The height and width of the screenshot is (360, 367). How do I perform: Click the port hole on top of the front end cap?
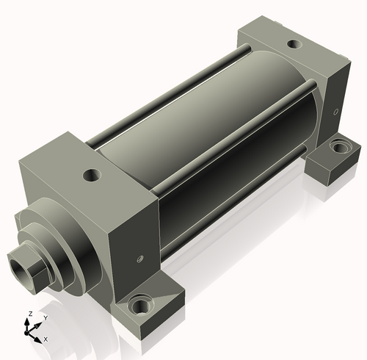click(92, 175)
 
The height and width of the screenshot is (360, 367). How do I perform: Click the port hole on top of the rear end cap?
click(294, 44)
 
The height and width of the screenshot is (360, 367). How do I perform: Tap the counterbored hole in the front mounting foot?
click(139, 305)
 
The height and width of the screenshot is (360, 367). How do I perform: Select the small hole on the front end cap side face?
click(140, 259)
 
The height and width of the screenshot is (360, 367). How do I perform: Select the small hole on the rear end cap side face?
click(336, 112)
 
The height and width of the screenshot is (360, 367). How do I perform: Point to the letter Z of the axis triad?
click(31, 314)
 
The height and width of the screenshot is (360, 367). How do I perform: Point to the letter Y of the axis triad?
click(46, 318)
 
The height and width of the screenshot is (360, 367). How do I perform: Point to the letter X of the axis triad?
click(46, 339)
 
